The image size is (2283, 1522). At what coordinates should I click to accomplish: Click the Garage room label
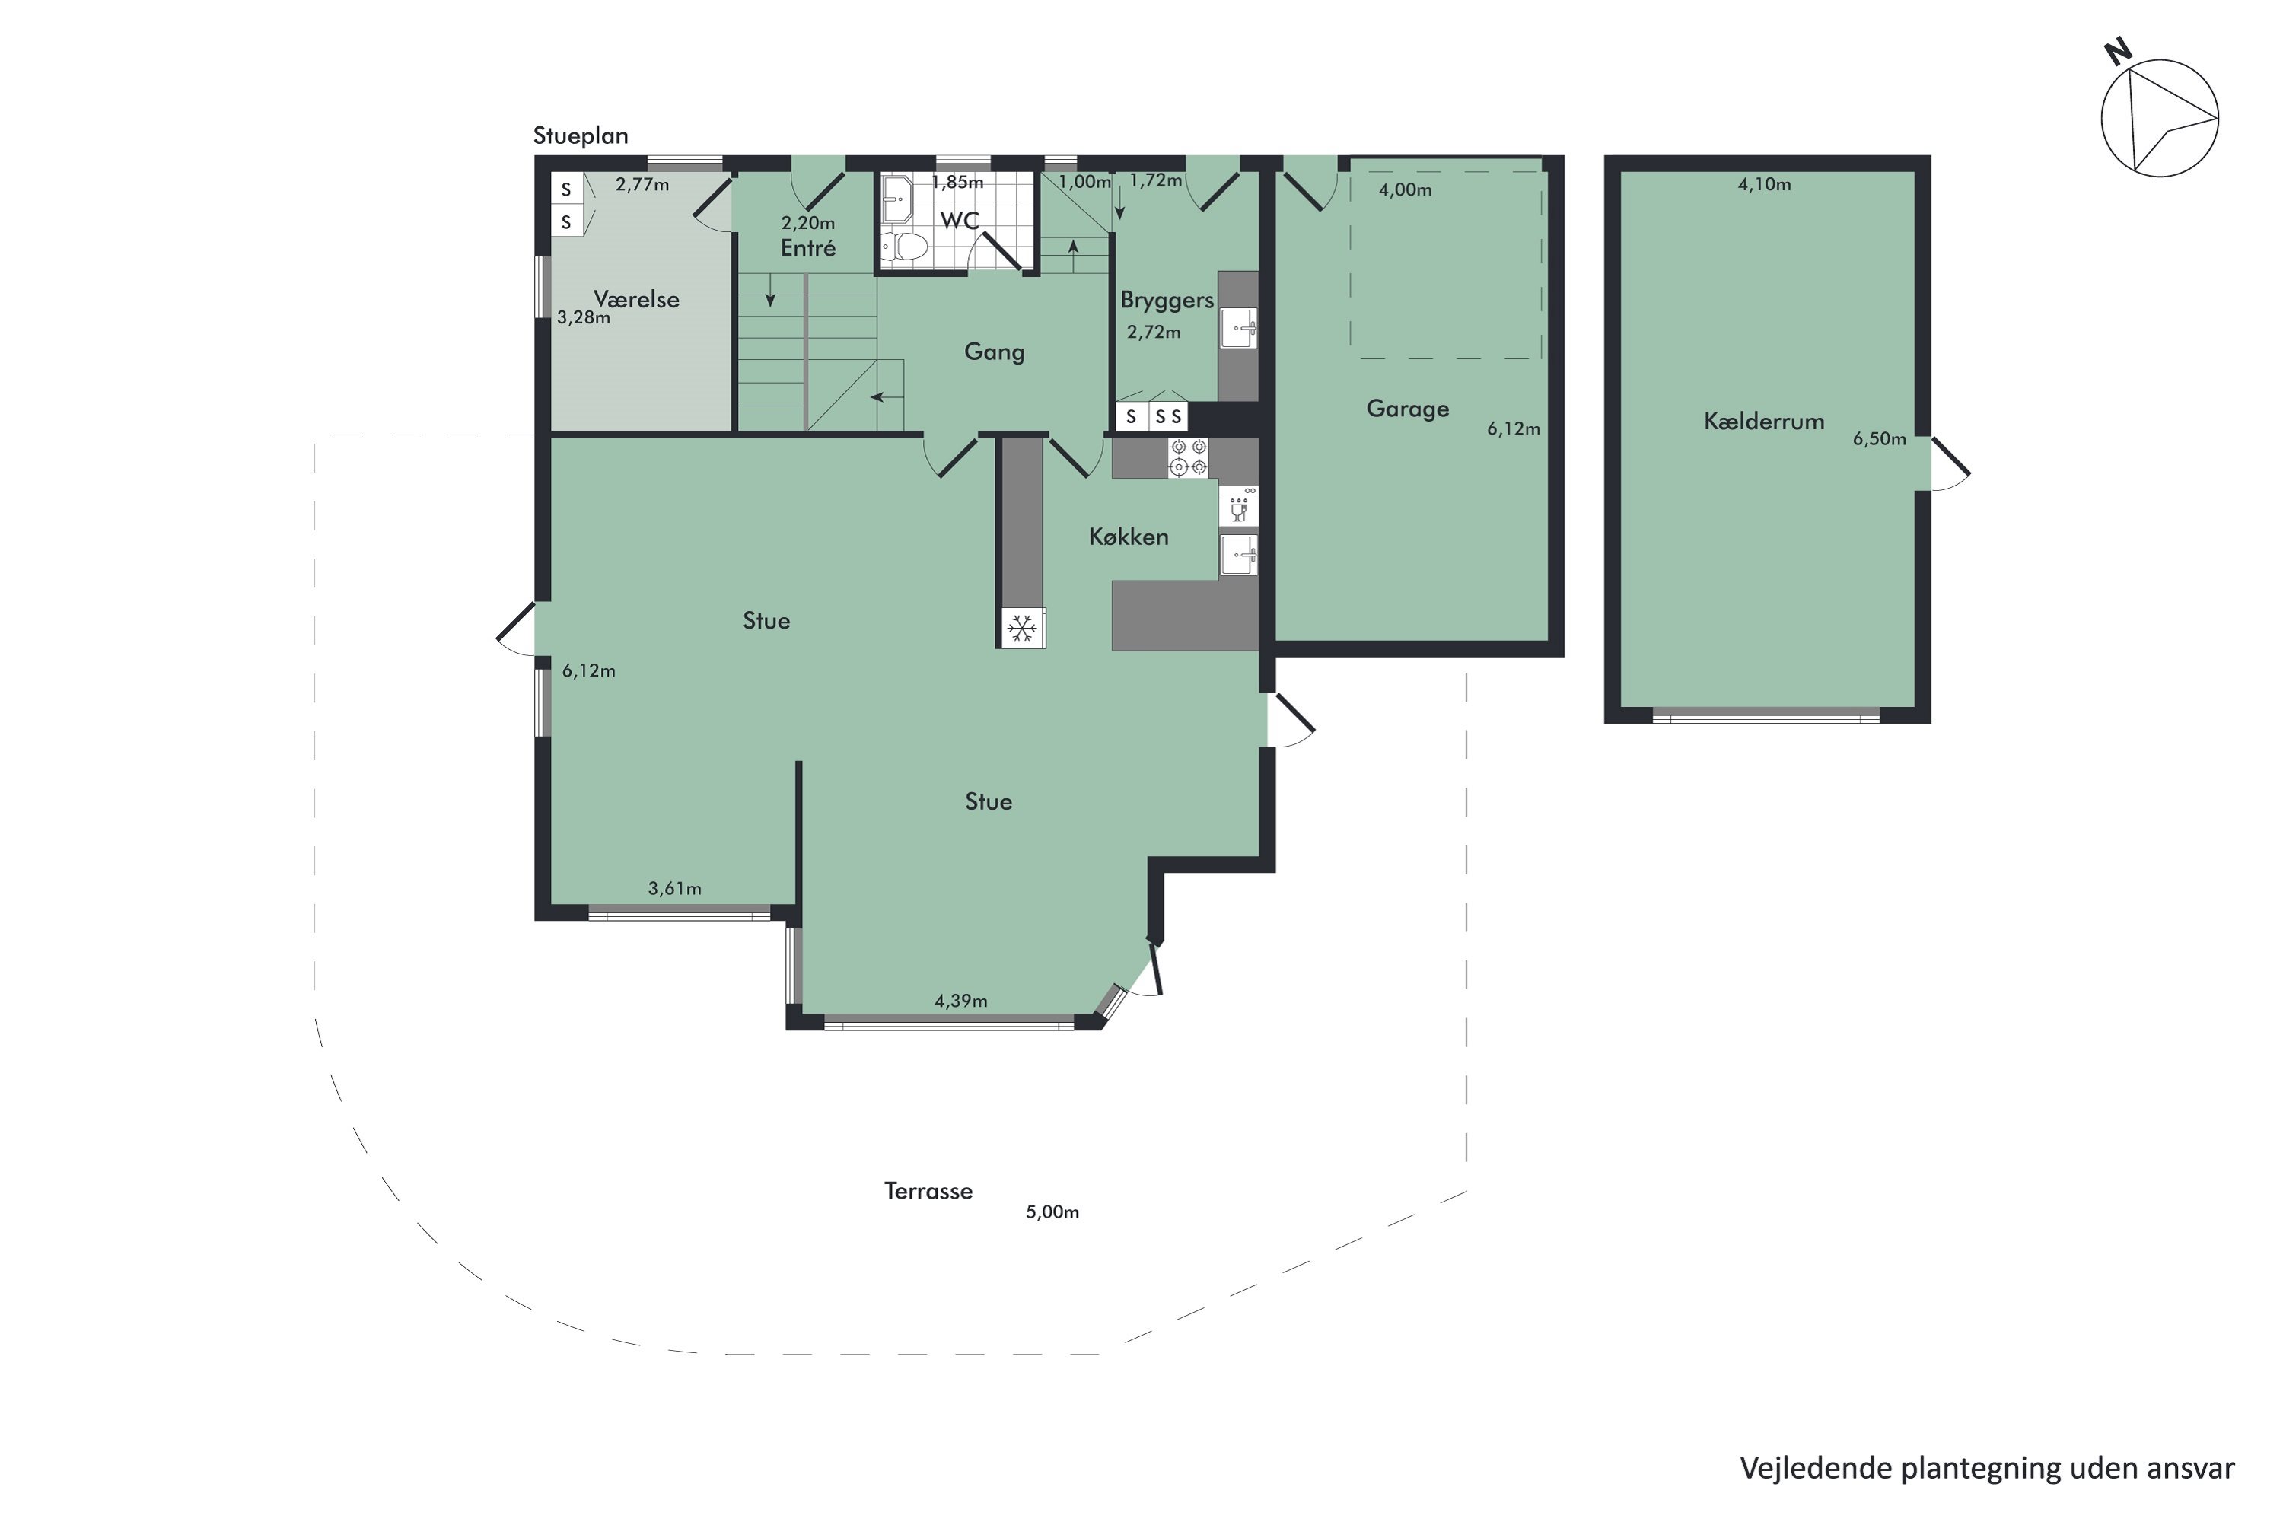tap(1407, 409)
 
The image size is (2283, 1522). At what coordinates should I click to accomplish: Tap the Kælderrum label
tap(1764, 422)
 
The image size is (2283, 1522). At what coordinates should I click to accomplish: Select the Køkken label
tap(1128, 537)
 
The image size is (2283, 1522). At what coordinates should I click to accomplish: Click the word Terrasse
tap(928, 1191)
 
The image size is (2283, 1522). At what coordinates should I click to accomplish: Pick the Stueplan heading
tap(581, 136)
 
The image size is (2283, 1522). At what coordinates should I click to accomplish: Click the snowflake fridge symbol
tap(1021, 629)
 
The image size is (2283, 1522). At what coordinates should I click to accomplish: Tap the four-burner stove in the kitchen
tap(1188, 457)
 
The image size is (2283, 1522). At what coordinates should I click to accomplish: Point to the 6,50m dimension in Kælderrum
tap(1879, 439)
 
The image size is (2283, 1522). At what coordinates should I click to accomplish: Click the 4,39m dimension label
tap(961, 1001)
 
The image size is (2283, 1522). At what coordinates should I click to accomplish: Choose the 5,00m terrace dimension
tap(1052, 1212)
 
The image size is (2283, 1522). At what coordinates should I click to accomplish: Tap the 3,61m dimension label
tap(674, 888)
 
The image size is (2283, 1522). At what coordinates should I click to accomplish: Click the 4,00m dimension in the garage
tap(1405, 190)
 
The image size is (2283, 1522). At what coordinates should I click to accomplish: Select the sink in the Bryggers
tap(1239, 328)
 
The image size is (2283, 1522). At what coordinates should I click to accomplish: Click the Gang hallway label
tap(994, 352)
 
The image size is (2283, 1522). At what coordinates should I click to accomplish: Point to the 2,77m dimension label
tap(642, 184)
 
